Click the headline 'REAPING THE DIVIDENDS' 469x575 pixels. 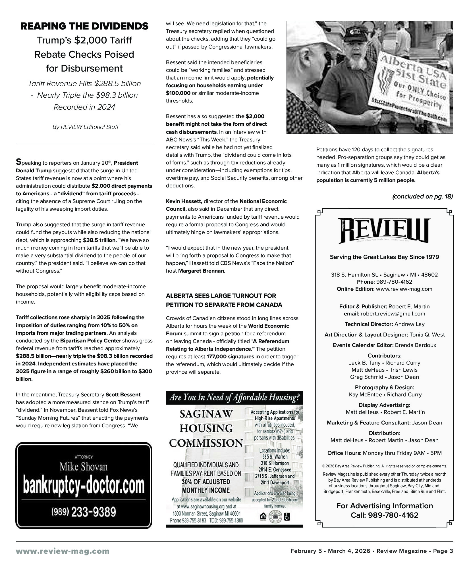[84, 26]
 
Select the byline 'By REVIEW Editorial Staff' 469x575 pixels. [85, 127]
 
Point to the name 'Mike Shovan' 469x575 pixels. [83, 467]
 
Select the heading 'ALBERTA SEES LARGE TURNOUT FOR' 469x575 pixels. [221, 296]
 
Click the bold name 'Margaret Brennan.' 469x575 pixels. [202, 271]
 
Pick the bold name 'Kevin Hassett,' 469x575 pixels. [184, 201]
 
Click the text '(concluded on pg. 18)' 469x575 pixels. [422, 196]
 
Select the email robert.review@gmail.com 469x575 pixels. [393, 313]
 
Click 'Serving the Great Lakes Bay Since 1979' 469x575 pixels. [384, 257]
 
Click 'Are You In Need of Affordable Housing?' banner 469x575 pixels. [234, 398]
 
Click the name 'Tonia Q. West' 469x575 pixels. [427, 334]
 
